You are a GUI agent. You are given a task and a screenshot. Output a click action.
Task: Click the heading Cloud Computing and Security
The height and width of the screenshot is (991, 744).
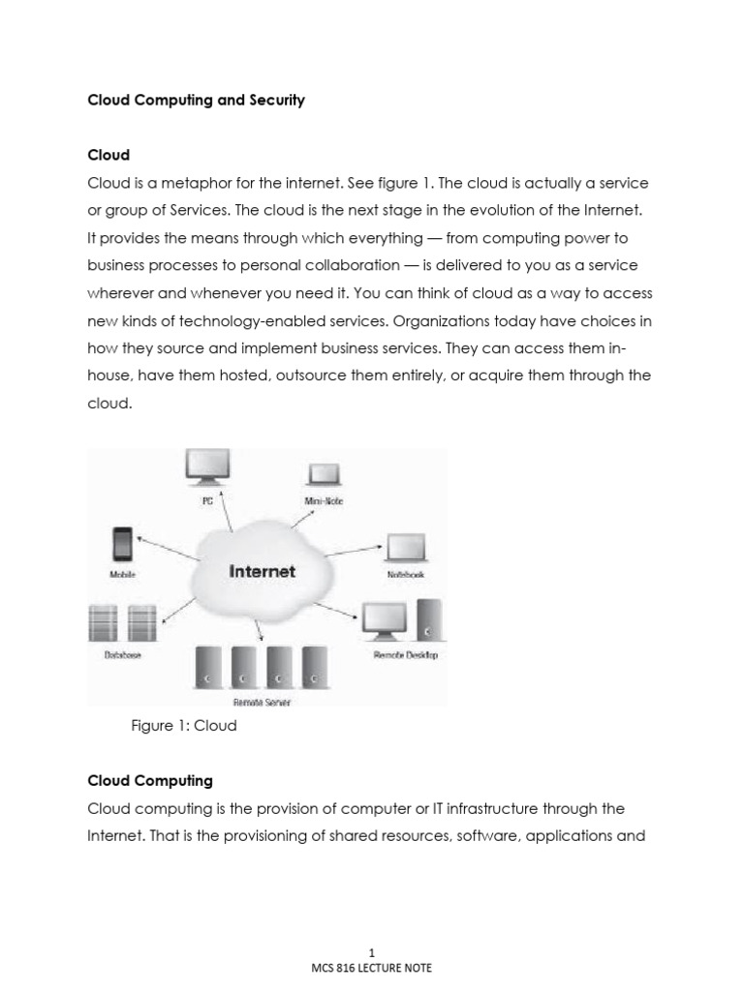click(196, 100)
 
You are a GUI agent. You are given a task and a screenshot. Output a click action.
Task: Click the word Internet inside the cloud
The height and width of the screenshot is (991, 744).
click(262, 571)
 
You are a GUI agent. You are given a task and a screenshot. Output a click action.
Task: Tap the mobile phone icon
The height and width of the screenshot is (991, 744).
click(122, 545)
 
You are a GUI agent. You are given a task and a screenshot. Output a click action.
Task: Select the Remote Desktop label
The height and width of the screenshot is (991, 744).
click(405, 655)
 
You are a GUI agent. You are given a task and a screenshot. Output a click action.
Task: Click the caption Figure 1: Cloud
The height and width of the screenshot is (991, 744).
click(184, 725)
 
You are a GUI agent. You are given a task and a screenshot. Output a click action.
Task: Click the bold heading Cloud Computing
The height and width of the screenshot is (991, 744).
click(150, 780)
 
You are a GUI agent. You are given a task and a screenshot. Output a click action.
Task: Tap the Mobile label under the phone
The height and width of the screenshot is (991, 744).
click(122, 575)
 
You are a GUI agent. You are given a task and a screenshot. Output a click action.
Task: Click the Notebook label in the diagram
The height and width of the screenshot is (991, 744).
click(405, 575)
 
